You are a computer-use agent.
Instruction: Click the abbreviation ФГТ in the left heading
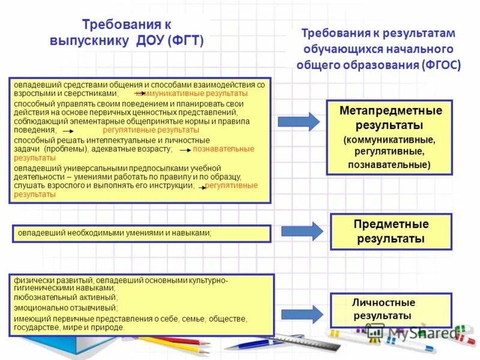(x=187, y=40)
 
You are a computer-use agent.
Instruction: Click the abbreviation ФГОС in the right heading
(x=442, y=64)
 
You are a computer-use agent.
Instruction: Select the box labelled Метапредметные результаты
(x=389, y=137)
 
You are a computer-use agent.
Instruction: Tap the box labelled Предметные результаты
(x=391, y=231)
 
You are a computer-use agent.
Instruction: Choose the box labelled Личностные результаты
(x=391, y=310)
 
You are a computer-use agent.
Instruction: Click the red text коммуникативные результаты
(x=191, y=94)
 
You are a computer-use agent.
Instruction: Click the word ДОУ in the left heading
(x=148, y=40)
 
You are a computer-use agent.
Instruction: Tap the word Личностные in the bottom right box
(x=383, y=302)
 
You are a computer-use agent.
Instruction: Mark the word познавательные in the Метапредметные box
(x=389, y=164)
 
